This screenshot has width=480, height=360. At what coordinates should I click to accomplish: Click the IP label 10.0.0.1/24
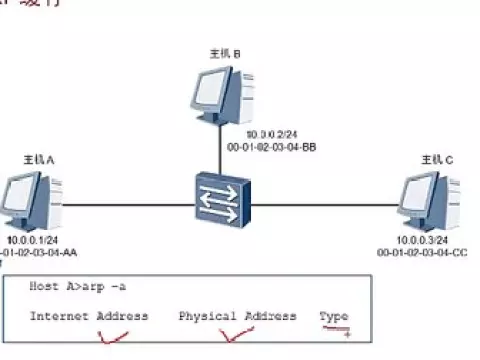pos(33,240)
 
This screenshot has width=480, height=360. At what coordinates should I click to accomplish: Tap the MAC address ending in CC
pos(422,253)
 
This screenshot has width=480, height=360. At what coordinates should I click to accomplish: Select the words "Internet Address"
pos(89,316)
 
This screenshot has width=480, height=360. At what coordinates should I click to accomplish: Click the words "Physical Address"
pos(238,316)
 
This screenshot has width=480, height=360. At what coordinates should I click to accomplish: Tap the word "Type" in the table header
pos(334,316)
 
